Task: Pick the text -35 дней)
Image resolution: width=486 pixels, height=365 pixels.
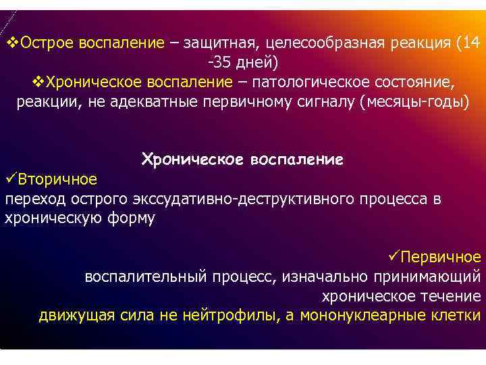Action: point(242,63)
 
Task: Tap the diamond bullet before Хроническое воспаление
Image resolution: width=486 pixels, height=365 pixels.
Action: point(38,82)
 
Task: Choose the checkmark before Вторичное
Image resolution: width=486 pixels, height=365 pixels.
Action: point(11,180)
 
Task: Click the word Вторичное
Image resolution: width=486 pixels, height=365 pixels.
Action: point(57,180)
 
